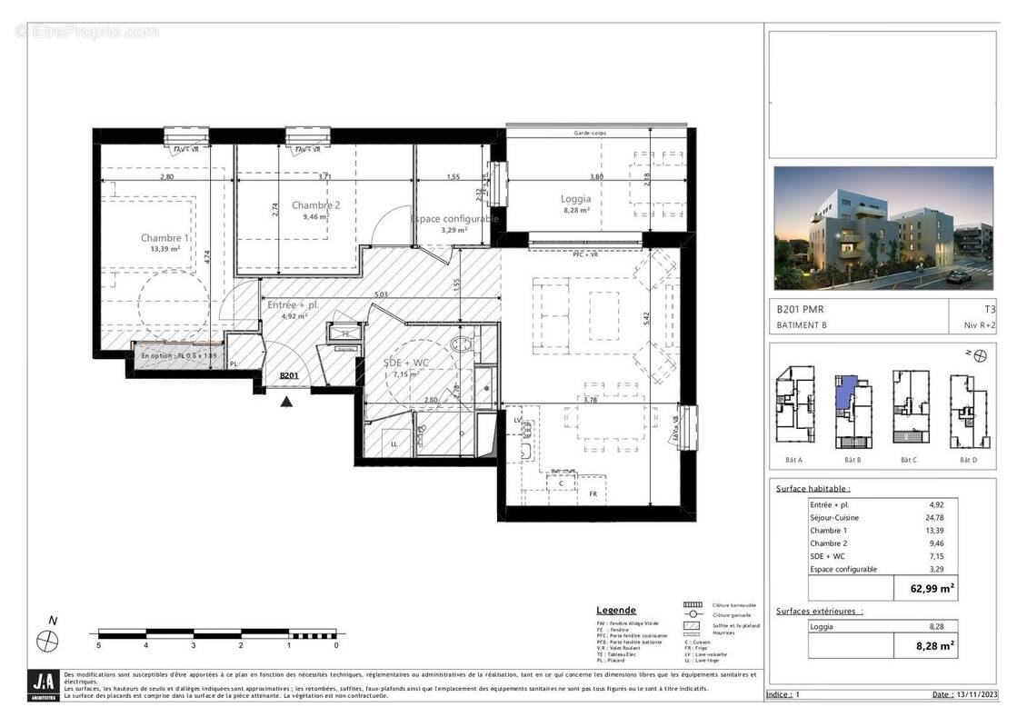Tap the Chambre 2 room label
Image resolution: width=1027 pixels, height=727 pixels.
click(315, 205)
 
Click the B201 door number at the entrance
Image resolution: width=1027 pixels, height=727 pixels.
click(289, 375)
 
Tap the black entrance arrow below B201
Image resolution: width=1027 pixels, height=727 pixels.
click(287, 400)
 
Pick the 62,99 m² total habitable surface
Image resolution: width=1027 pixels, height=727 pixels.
click(926, 588)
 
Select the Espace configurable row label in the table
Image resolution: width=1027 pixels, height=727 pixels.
click(843, 569)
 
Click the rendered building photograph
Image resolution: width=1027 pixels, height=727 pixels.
click(882, 228)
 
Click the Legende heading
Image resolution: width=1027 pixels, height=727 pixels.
click(615, 610)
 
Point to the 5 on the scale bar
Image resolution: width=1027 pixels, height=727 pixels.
click(98, 645)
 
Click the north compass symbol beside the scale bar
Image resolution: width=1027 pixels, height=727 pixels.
click(47, 640)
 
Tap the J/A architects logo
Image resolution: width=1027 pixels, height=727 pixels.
click(44, 684)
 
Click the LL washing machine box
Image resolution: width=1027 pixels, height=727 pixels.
click(394, 443)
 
